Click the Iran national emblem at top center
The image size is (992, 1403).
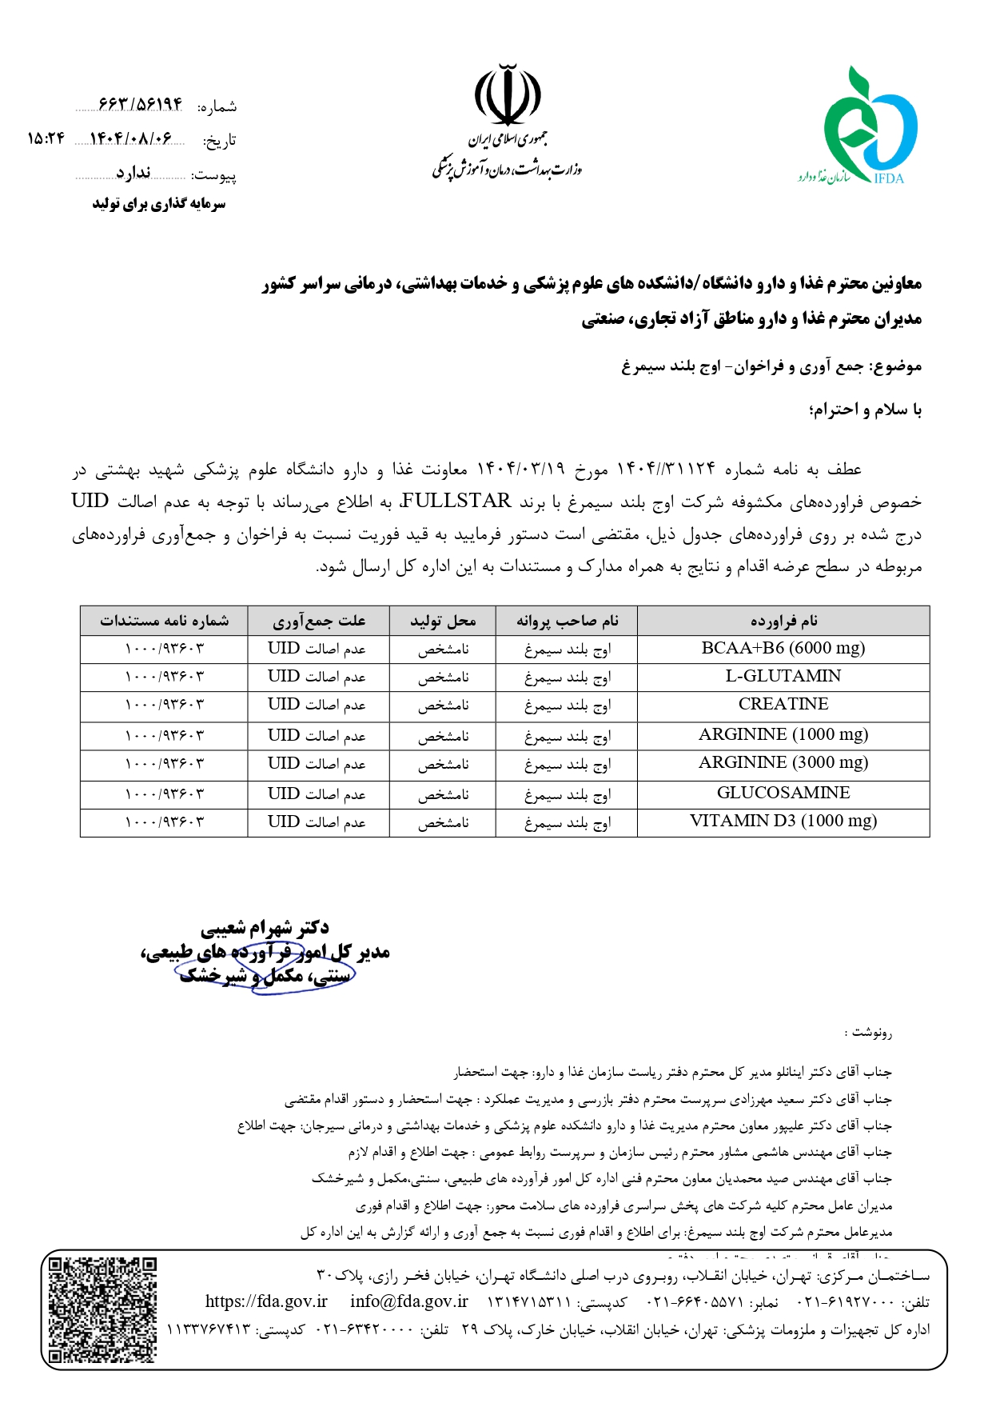507,96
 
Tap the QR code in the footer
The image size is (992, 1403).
102,1309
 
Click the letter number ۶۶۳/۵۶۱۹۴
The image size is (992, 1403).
141,105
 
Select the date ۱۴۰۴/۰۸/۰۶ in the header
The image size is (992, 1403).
130,138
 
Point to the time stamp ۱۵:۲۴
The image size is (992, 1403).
46,138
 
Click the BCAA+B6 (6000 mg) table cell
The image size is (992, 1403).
783,649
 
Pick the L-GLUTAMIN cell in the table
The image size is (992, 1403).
783,677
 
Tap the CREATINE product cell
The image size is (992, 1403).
783,705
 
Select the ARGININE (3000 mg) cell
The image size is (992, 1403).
783,763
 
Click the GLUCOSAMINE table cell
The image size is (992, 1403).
783,793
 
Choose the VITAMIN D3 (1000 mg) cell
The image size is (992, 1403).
783,821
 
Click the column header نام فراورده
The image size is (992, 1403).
783,621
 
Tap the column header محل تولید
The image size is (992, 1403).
442,621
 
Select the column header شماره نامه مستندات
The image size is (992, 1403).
164,621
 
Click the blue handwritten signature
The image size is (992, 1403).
264,966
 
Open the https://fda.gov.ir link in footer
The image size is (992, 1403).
266,1301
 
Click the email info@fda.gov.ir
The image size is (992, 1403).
408,1301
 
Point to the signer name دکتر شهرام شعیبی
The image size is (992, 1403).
265,928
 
